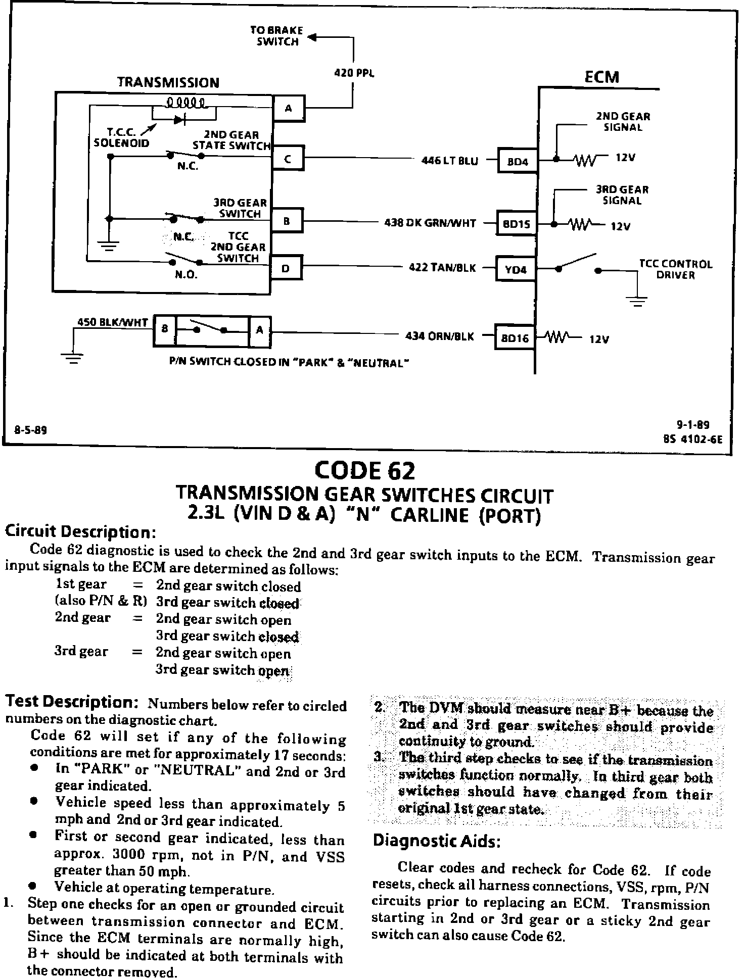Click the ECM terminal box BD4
click(517, 161)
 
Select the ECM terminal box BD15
click(516, 224)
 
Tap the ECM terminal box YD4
click(516, 270)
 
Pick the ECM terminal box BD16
click(515, 338)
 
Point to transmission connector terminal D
click(286, 268)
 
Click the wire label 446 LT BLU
click(450, 161)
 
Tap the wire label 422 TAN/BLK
click(442, 268)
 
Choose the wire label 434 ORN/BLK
click(440, 336)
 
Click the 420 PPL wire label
click(354, 73)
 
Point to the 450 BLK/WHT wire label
click(112, 322)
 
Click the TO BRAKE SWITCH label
click(277, 36)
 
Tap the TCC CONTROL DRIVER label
click(675, 270)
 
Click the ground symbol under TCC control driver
click(638, 301)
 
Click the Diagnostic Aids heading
click(437, 841)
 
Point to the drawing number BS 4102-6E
click(692, 439)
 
